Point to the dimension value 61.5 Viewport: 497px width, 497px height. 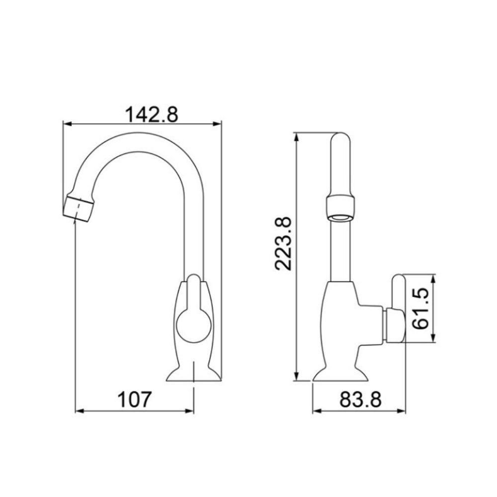pos(420,308)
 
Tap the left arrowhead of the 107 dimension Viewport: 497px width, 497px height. pos(79,411)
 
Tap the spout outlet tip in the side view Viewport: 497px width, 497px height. pos(79,208)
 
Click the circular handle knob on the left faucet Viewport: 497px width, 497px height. pos(194,325)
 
